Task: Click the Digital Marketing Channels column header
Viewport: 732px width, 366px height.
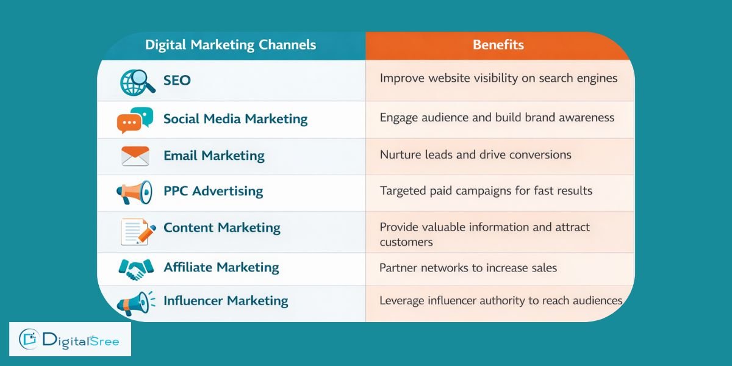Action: (x=231, y=45)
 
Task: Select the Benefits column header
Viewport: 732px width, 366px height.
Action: (x=498, y=45)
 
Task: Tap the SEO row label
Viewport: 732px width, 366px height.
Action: (x=177, y=80)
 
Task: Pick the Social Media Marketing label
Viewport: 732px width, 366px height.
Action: (x=235, y=118)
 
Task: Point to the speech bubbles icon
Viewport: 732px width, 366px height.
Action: (x=135, y=120)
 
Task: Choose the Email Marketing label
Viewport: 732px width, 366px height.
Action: (x=213, y=156)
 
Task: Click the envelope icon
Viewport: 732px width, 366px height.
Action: (x=135, y=156)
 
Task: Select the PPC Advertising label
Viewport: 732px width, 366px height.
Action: (x=213, y=191)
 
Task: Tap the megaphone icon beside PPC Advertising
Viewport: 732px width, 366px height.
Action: (x=134, y=193)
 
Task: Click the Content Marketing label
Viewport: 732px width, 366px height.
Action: (x=221, y=228)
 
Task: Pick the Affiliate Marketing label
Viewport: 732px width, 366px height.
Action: (x=221, y=267)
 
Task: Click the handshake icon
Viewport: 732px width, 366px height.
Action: (x=135, y=268)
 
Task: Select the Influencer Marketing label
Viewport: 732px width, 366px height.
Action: (x=226, y=301)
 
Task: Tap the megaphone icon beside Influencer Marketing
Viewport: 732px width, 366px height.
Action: (x=134, y=303)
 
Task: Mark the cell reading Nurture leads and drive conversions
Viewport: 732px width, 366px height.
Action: (x=475, y=154)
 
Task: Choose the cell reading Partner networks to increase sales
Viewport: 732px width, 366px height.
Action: (x=468, y=267)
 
